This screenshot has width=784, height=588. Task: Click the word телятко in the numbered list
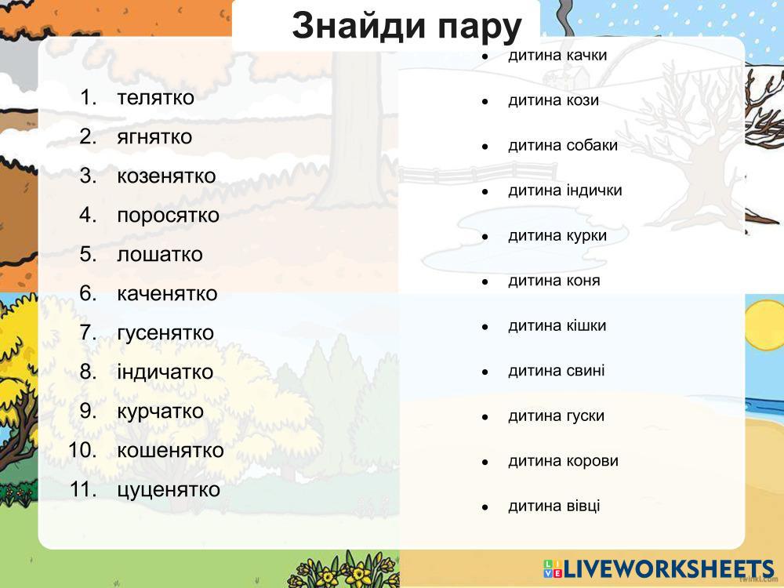[x=155, y=97]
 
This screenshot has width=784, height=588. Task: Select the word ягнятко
[x=154, y=137]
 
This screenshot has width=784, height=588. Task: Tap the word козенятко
[x=166, y=176]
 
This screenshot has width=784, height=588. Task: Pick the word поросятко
[x=168, y=216]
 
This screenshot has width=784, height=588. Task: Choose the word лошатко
[x=160, y=255]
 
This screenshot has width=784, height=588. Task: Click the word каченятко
[x=167, y=293]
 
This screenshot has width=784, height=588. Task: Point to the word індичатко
[x=165, y=372]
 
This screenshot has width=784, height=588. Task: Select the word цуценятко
[x=169, y=490]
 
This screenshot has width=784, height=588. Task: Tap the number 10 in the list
[x=82, y=450]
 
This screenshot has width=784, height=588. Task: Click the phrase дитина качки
[x=557, y=55]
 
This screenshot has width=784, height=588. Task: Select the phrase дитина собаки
[x=563, y=146]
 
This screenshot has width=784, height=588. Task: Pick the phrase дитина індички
[x=565, y=191]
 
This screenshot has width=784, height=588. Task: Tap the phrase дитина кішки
[x=557, y=326]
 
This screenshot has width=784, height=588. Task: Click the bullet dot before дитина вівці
[x=485, y=507]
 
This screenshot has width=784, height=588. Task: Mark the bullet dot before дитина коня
[x=485, y=282]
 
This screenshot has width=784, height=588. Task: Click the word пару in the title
[x=480, y=27]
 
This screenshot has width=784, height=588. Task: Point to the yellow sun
[x=765, y=326]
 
